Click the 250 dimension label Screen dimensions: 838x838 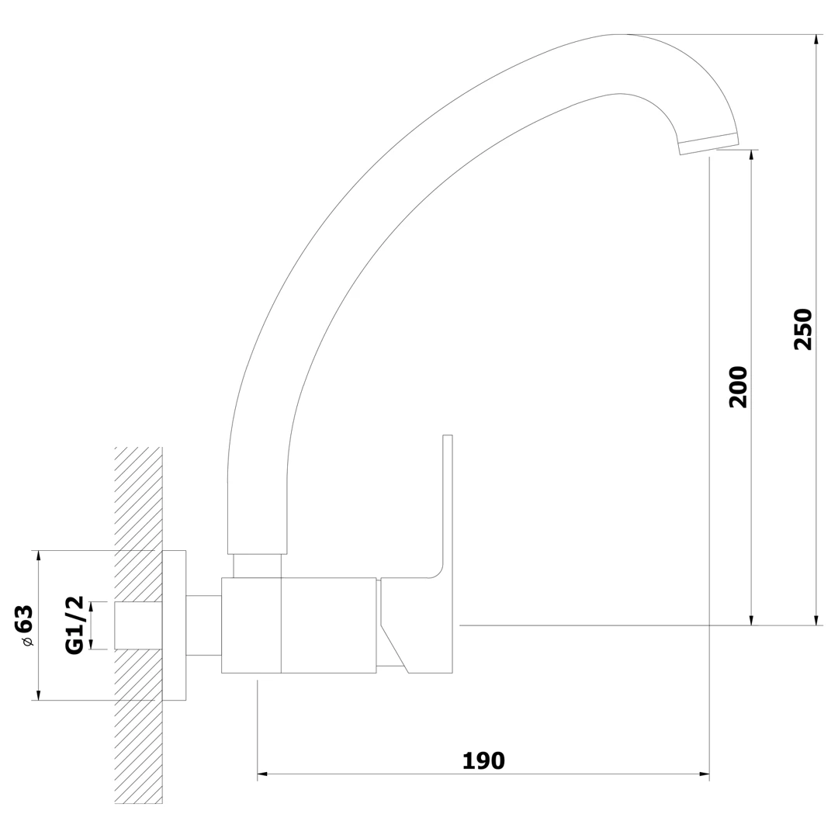[x=803, y=329]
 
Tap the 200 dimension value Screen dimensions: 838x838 [x=738, y=387]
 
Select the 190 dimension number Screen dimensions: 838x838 [x=483, y=760]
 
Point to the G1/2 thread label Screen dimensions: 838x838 [x=74, y=625]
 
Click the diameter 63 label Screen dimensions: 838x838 [x=24, y=625]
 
